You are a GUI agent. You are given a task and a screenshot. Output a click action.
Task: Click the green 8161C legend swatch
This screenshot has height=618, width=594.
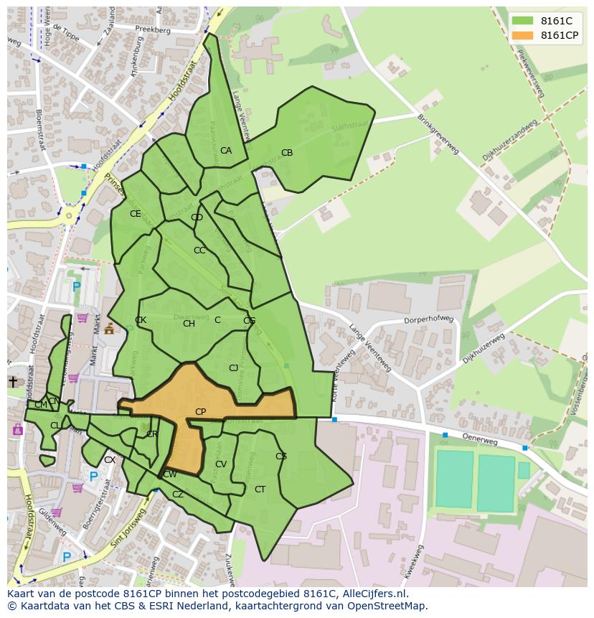[x=523, y=21]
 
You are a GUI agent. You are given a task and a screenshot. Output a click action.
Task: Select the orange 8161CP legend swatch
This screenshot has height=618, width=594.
[x=523, y=35]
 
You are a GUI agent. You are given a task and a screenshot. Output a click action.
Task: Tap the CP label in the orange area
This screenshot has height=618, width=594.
[x=201, y=412]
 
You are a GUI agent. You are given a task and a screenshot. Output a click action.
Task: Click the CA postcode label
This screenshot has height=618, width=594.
[x=226, y=151]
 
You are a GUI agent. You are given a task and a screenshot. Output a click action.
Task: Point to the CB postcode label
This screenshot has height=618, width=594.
[x=287, y=153]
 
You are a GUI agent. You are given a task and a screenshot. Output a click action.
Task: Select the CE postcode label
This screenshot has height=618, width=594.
[x=136, y=214]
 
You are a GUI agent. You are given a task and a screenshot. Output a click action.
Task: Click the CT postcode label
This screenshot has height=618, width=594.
[x=260, y=490]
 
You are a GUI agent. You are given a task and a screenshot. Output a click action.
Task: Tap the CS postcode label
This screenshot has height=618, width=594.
[x=281, y=457]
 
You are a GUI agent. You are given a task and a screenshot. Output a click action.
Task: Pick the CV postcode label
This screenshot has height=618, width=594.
[x=221, y=464]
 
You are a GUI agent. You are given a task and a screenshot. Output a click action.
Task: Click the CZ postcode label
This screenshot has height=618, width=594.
[x=178, y=495]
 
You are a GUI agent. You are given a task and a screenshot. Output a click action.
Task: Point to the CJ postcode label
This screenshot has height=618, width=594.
[x=233, y=368]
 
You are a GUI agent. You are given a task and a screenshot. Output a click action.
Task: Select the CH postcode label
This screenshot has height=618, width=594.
[x=189, y=324]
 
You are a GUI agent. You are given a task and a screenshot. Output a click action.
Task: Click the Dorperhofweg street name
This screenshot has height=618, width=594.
[x=430, y=319]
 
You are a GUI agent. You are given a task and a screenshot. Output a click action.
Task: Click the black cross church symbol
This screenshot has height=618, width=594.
[x=12, y=382]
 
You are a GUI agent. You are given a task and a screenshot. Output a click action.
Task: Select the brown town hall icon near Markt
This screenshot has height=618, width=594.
[x=109, y=329]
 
